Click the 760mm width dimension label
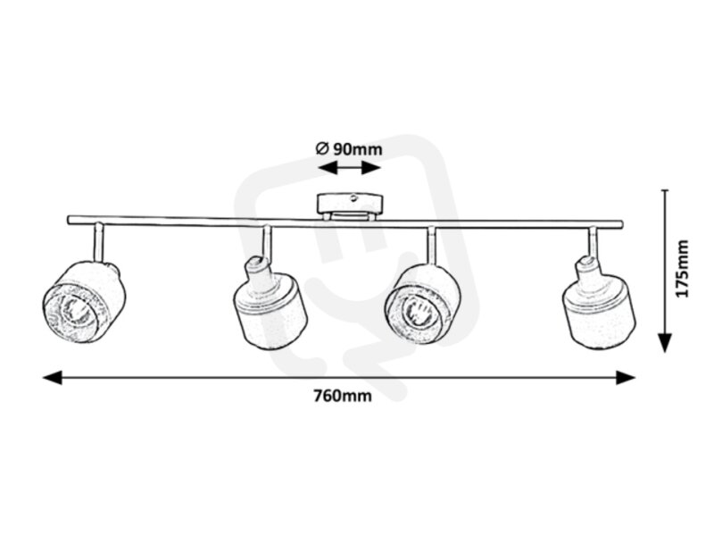[x=343, y=396]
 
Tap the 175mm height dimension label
[x=682, y=269]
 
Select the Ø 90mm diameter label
[x=349, y=149]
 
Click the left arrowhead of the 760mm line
[x=52, y=377]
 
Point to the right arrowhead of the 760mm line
[x=626, y=377]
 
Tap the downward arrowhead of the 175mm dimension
[x=666, y=343]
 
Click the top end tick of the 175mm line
[x=666, y=189]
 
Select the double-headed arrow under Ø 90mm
[x=349, y=168]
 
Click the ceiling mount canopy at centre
[x=350, y=207]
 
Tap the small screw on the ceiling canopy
[x=353, y=198]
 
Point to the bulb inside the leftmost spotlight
[x=73, y=310]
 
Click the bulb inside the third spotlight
[x=416, y=311]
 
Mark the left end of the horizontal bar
[x=69, y=220]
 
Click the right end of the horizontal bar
[x=620, y=224]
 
